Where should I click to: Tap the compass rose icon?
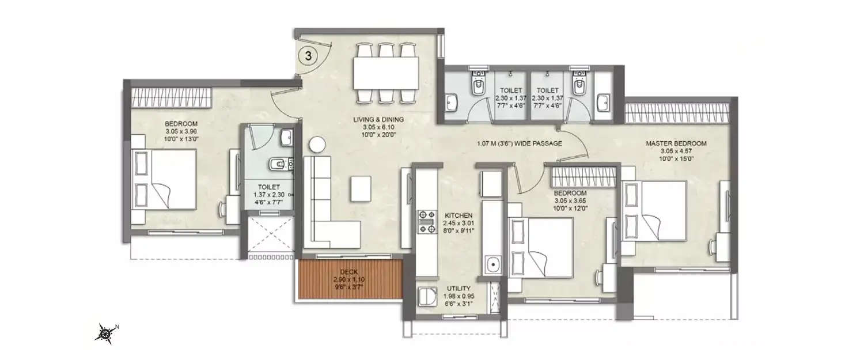coord(105,332)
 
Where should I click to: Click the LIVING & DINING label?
coord(378,120)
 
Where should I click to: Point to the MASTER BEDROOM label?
coord(676,143)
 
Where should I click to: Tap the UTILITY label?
coord(458,288)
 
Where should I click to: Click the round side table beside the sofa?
coord(317,144)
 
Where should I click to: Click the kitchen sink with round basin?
coord(492,266)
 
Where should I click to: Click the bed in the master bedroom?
coord(657,210)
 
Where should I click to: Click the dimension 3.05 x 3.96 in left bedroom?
coord(181,132)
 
